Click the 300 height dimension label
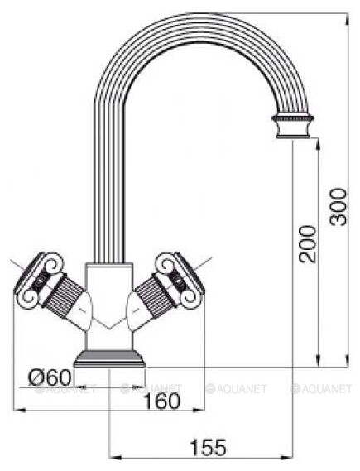(x=338, y=207)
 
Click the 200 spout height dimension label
(x=308, y=244)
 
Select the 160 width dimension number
(x=162, y=401)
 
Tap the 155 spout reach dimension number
(x=209, y=447)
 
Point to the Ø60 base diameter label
(x=50, y=377)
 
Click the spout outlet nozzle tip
(x=293, y=127)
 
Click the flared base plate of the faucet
(x=109, y=358)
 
